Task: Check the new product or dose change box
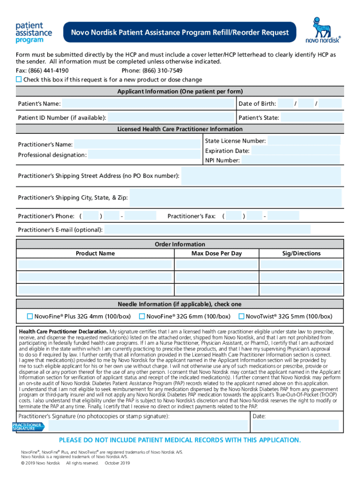tap(19, 80)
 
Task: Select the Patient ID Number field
tap(171, 117)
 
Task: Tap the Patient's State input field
tap(311, 117)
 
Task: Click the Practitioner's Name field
tap(138, 144)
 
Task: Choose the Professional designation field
tap(145, 155)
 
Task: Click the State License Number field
tap(304, 141)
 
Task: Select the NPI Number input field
tap(291, 160)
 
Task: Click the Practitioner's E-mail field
tap(207, 230)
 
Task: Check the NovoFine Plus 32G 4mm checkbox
tap(30, 317)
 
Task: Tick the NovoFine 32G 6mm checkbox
tap(143, 317)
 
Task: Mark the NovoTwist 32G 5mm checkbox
tap(242, 317)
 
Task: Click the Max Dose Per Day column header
tap(216, 254)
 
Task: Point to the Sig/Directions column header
tap(301, 254)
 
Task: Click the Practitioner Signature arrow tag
tap(28, 426)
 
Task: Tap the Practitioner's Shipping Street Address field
tap(260, 176)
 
